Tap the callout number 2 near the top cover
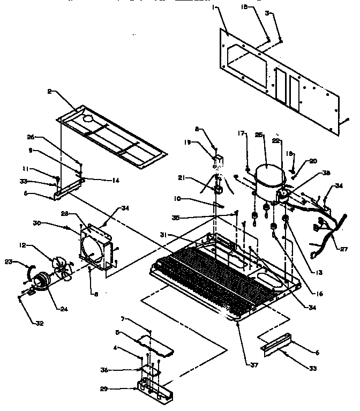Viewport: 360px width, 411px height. click(50, 92)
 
